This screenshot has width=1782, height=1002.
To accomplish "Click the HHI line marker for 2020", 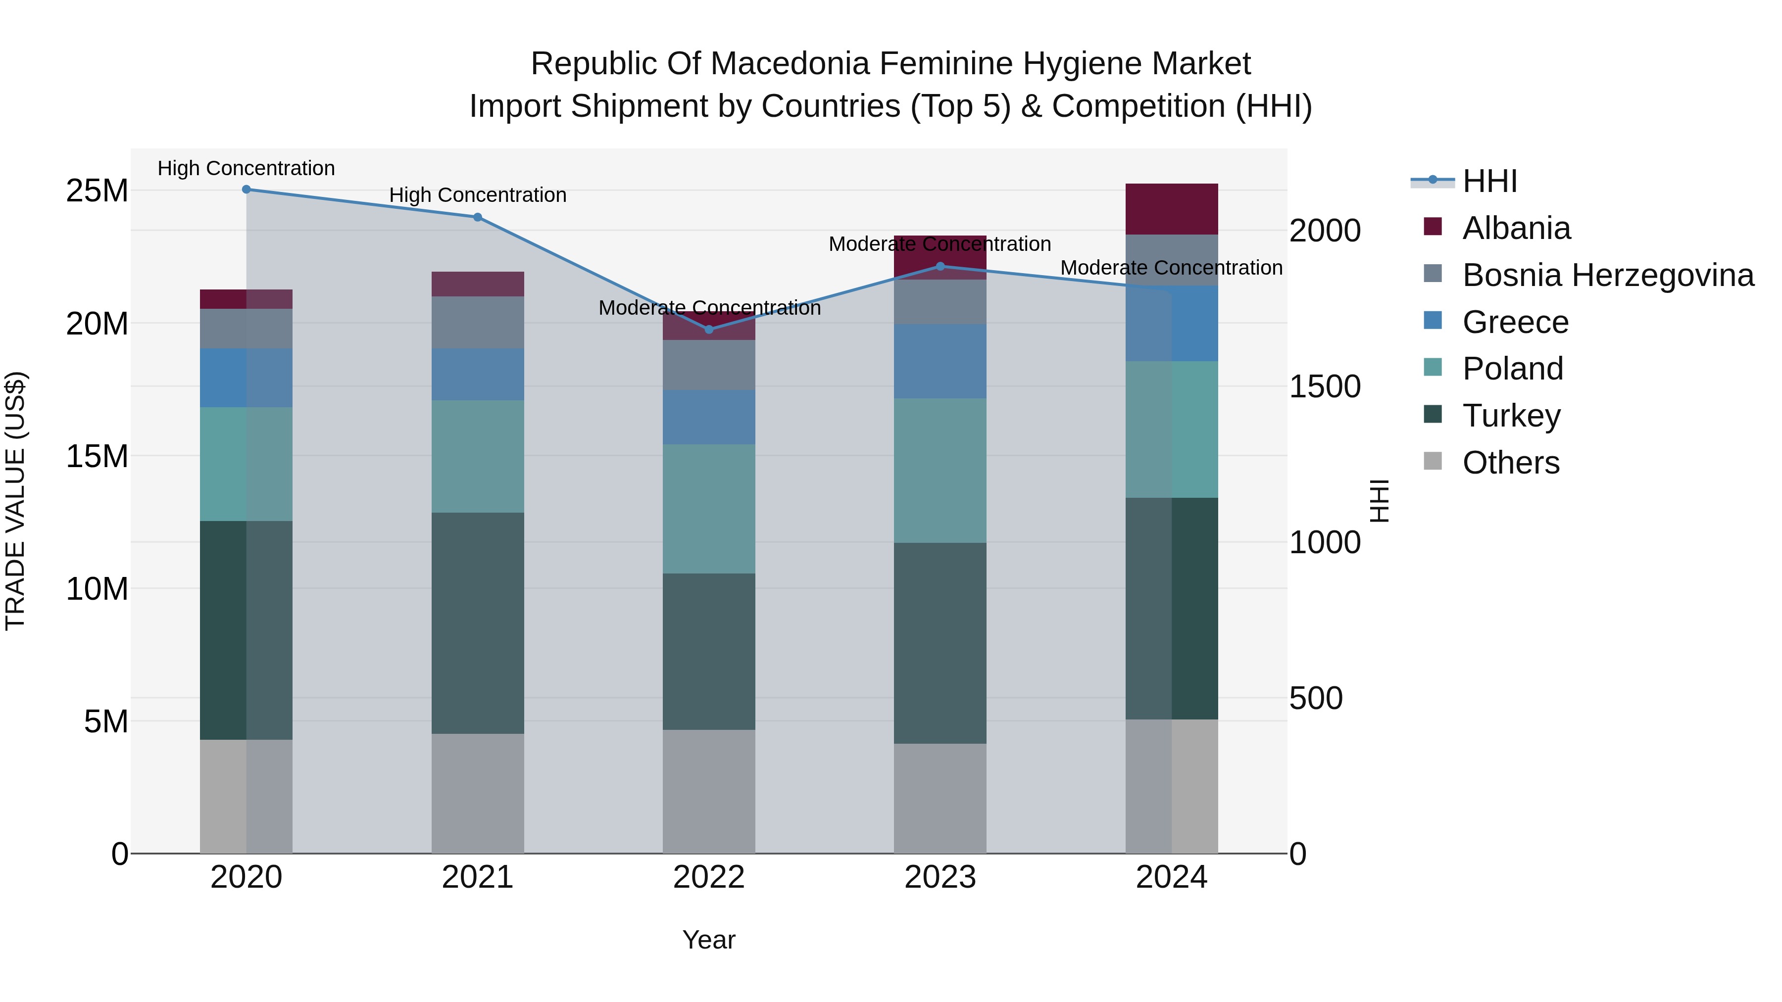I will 247,190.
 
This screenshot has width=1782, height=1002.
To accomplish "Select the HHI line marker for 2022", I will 708,330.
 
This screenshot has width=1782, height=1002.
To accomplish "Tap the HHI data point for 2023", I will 940,266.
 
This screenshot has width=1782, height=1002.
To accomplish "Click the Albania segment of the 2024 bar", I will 1171,209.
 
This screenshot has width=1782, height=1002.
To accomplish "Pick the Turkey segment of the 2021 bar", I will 477,622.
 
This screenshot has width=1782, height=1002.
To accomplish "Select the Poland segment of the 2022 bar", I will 708,509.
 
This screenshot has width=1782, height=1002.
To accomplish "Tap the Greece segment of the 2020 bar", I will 247,378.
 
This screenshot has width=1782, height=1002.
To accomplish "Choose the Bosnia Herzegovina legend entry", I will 1608,275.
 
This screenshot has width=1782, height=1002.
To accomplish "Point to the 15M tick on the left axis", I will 97,456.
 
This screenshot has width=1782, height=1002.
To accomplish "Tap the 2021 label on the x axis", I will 477,877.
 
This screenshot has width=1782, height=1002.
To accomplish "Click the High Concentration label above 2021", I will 477,195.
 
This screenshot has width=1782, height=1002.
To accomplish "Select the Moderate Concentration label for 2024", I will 1171,268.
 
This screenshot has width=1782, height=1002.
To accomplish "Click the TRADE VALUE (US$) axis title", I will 15,501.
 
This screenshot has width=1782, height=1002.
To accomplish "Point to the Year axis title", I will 708,940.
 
